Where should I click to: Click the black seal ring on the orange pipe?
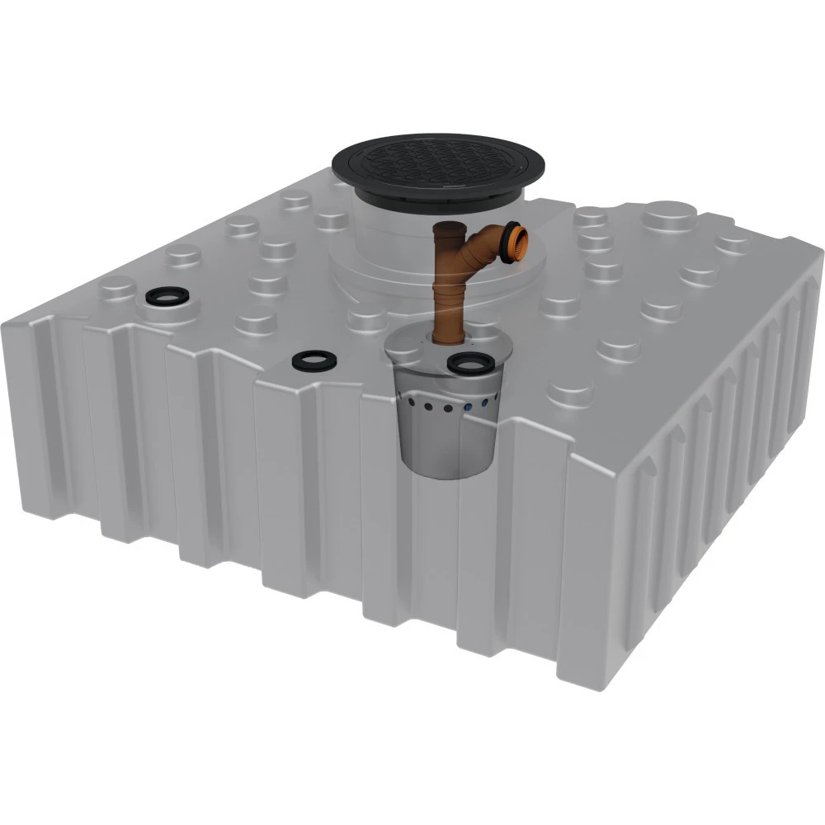504,243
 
